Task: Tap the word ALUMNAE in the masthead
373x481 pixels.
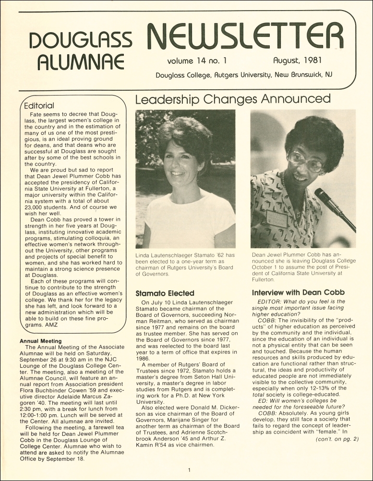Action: [x=81, y=62]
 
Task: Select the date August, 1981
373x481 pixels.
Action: [x=297, y=61]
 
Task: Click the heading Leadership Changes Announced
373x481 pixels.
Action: [x=233, y=99]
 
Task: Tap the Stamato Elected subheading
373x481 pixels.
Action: [x=165, y=293]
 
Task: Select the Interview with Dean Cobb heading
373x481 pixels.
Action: [x=298, y=293]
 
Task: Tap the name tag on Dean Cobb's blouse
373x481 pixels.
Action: [x=277, y=218]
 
